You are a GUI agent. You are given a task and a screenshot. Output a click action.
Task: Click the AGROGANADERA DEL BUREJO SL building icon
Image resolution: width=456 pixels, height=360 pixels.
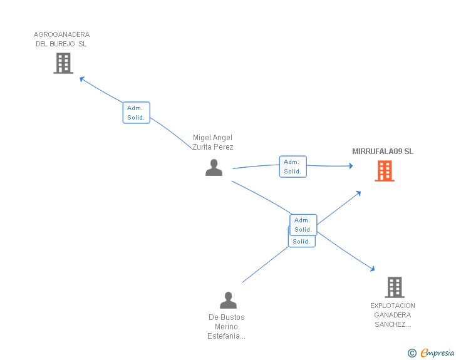(63, 63)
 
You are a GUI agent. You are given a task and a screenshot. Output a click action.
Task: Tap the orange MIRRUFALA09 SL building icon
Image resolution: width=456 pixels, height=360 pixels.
(385, 170)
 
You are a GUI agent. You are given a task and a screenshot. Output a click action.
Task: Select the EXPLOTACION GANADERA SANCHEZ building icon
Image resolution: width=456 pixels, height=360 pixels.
(394, 287)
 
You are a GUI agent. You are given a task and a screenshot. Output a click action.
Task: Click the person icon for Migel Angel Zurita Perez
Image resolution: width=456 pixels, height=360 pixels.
(214, 168)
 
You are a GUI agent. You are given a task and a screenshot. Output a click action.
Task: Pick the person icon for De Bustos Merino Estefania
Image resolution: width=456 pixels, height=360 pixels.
(229, 301)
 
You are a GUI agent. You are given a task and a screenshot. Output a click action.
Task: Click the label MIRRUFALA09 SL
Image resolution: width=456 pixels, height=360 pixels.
(383, 152)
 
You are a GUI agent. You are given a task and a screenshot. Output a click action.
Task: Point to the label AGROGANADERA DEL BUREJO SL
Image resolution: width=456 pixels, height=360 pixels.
(61, 39)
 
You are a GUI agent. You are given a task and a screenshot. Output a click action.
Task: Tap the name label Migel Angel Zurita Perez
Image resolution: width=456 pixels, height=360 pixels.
(213, 142)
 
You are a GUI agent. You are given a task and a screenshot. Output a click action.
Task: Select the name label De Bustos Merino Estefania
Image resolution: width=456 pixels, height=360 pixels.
(227, 327)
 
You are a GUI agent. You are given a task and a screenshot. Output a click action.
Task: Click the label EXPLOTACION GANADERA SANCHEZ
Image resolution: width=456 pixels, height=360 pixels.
(393, 315)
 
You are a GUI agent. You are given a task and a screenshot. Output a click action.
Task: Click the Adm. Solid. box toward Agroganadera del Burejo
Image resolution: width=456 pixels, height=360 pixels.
(136, 113)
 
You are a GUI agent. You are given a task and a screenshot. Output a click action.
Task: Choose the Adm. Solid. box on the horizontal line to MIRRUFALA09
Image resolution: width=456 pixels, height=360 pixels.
(293, 167)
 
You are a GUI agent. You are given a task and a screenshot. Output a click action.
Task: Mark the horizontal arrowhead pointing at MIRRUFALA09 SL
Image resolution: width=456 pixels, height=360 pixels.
(350, 166)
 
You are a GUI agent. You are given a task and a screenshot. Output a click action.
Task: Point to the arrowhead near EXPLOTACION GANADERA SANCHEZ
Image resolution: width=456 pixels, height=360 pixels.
(372, 269)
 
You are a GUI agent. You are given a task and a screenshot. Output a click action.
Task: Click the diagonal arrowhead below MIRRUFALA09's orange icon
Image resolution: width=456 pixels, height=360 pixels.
(358, 193)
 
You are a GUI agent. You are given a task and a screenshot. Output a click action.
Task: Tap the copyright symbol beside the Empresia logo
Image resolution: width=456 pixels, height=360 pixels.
(412, 353)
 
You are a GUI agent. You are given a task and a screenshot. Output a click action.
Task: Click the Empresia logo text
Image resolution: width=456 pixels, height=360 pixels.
(437, 353)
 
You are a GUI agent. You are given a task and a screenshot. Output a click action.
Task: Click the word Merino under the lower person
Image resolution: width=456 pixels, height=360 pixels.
(227, 327)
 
